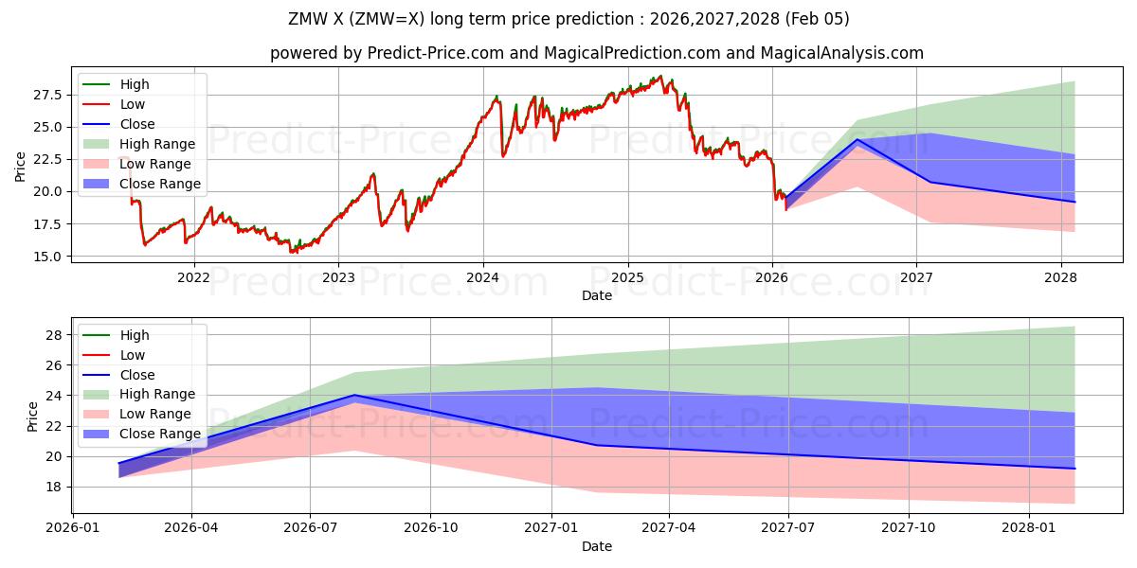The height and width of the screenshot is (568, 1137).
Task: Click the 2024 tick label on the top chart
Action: (x=482, y=277)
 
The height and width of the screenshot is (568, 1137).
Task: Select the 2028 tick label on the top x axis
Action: (x=1060, y=277)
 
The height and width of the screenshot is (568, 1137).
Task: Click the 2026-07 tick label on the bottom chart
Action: (x=311, y=527)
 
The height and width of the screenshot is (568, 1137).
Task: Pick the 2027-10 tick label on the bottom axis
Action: (x=909, y=527)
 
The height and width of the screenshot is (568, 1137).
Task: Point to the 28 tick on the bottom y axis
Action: (x=55, y=335)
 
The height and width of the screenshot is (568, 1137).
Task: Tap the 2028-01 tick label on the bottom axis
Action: (x=1028, y=527)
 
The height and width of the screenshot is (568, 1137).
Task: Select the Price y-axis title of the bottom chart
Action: (x=33, y=417)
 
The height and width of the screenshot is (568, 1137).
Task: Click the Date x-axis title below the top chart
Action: (x=597, y=296)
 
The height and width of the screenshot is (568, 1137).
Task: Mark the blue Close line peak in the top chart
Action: (x=857, y=139)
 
